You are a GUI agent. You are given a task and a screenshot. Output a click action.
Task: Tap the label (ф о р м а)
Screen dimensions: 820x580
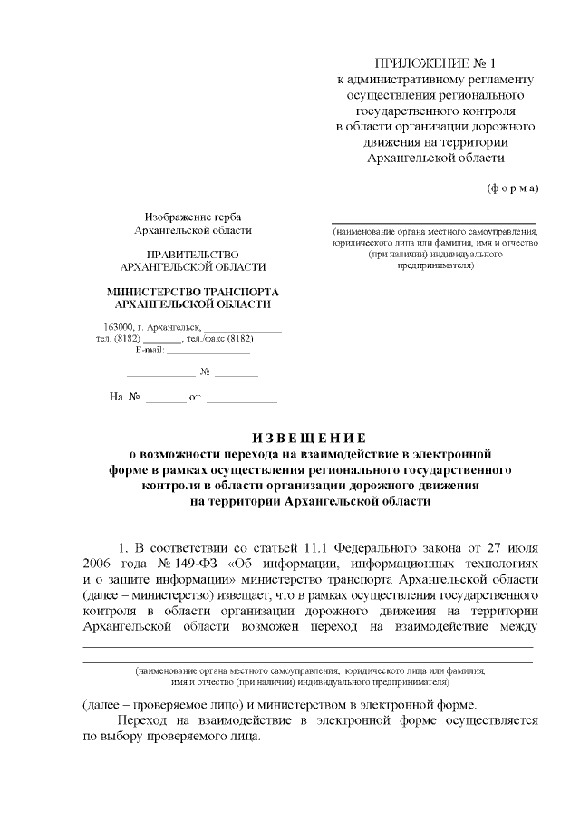coord(513,188)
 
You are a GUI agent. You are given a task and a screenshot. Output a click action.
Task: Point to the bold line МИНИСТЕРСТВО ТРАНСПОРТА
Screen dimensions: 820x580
coord(193,292)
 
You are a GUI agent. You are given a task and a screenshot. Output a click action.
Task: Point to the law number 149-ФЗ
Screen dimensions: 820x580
coord(176,564)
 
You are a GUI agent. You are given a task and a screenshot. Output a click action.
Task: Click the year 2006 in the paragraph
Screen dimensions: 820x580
coord(96,564)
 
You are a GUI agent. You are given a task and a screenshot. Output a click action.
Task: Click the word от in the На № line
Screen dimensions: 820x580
coord(194,398)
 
